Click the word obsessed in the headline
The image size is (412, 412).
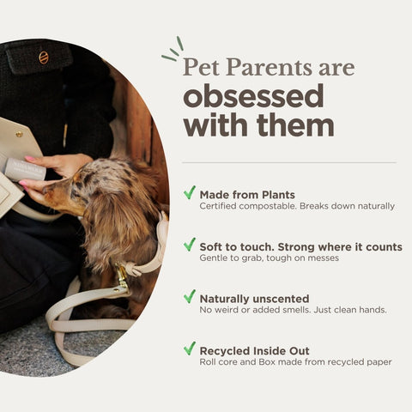click(252, 94)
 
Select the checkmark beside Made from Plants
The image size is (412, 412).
click(190, 193)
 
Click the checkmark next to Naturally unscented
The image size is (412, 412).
click(190, 296)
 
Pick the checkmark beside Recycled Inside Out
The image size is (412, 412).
click(190, 348)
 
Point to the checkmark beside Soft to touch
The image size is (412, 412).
click(190, 245)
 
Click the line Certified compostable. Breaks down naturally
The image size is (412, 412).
click(296, 207)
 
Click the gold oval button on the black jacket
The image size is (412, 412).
click(44, 58)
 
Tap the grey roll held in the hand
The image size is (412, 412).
click(25, 169)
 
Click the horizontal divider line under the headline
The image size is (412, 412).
click(289, 162)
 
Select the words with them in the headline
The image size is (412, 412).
click(257, 125)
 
